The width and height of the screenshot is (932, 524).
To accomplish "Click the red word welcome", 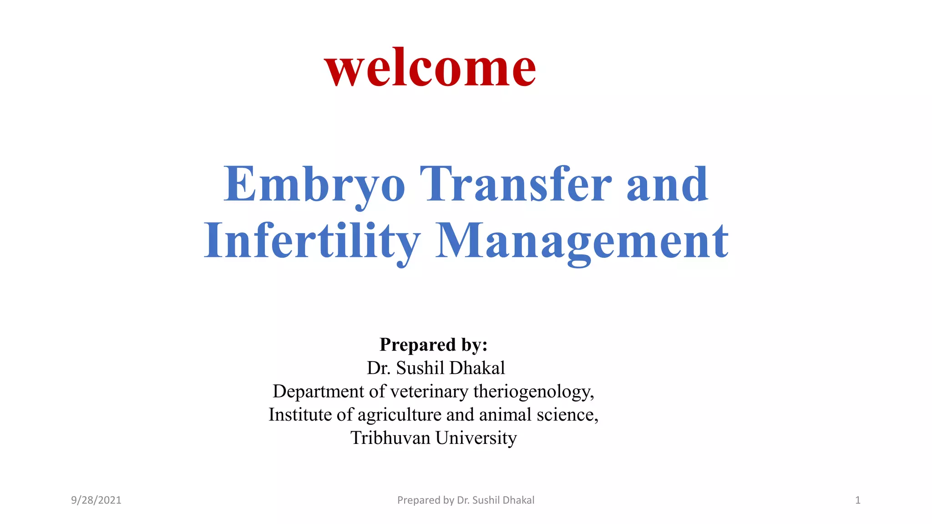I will click(x=430, y=68).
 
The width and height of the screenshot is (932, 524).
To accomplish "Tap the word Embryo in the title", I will click(x=314, y=184).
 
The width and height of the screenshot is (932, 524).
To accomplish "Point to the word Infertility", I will click(x=312, y=241).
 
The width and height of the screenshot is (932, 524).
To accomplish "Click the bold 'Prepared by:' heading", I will click(x=433, y=345).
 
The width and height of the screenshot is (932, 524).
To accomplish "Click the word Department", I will click(x=318, y=392).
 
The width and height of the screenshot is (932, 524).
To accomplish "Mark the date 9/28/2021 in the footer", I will click(x=96, y=500).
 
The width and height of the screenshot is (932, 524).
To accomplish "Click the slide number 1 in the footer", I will click(x=857, y=500).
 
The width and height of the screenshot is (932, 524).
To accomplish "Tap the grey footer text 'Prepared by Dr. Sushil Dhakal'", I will click(x=466, y=500).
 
